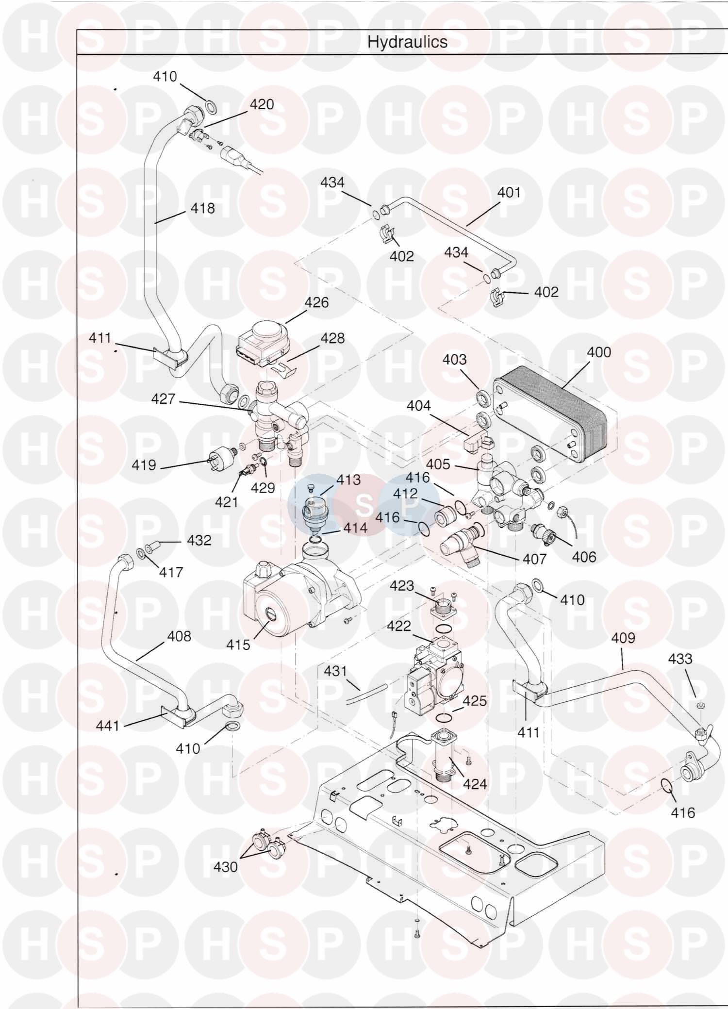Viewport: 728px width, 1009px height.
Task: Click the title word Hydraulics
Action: (x=407, y=42)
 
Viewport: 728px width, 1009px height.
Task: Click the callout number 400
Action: (x=599, y=352)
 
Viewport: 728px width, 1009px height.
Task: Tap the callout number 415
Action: (x=238, y=645)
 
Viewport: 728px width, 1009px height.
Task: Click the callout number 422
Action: (x=399, y=626)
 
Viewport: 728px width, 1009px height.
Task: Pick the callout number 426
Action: (x=316, y=302)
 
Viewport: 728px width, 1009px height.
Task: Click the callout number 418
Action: (x=202, y=208)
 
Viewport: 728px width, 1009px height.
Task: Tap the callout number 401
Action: (x=509, y=193)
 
